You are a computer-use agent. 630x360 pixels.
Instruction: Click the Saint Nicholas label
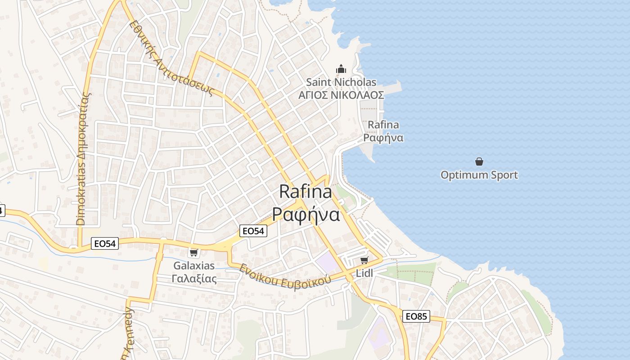click(x=341, y=82)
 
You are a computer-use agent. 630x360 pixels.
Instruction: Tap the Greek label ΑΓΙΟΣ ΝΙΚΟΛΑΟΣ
click(x=341, y=95)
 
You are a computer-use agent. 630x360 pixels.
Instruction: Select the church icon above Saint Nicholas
click(x=341, y=69)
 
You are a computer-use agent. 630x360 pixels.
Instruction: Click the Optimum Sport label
click(x=479, y=175)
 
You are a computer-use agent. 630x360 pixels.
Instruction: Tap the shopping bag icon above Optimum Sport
click(x=479, y=162)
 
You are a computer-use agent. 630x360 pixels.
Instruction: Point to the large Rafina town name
click(x=306, y=192)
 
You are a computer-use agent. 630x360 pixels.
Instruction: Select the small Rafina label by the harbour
click(x=383, y=125)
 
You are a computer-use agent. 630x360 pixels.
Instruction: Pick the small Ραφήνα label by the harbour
click(x=383, y=138)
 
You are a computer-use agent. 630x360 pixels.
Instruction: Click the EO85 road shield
click(x=416, y=316)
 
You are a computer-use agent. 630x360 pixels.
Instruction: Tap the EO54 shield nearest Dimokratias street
click(x=105, y=243)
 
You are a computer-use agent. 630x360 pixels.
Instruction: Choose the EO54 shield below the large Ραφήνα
click(x=253, y=231)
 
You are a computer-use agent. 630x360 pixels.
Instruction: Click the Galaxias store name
click(x=194, y=266)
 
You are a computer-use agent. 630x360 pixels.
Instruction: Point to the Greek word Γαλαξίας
click(x=194, y=279)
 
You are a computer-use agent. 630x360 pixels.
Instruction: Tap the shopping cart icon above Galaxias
click(x=194, y=252)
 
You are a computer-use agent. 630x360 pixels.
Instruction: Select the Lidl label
click(x=364, y=273)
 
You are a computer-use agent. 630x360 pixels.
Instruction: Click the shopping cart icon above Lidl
click(x=364, y=260)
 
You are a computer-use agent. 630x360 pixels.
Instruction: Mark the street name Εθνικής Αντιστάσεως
click(x=171, y=58)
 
